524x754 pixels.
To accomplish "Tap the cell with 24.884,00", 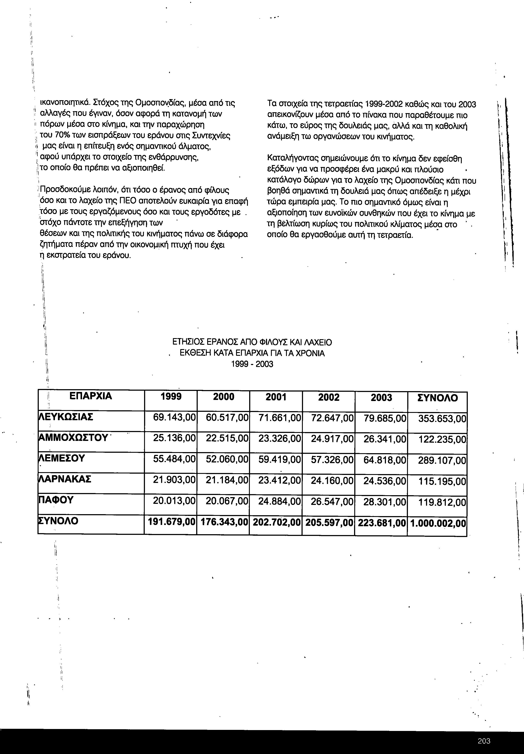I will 279,501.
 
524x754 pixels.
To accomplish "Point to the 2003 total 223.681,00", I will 382,523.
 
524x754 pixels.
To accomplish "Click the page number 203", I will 484,741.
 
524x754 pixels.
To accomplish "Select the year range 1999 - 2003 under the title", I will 252,364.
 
